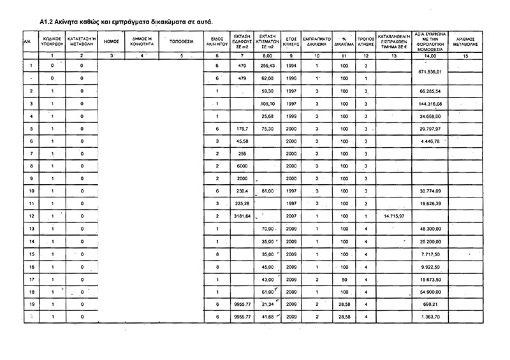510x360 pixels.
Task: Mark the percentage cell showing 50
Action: [344, 278]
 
